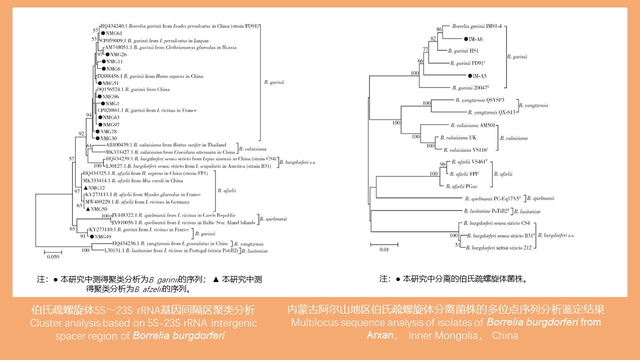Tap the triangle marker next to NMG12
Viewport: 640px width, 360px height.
click(86, 187)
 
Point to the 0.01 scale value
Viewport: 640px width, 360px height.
click(383, 249)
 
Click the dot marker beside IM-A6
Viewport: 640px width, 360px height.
click(466, 38)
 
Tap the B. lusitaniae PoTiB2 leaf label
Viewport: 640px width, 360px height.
click(486, 211)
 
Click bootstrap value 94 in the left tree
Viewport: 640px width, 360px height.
click(89, 115)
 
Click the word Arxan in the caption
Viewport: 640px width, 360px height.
click(380, 335)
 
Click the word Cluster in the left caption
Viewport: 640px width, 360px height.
click(44, 323)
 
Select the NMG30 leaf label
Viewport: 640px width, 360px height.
click(108, 138)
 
